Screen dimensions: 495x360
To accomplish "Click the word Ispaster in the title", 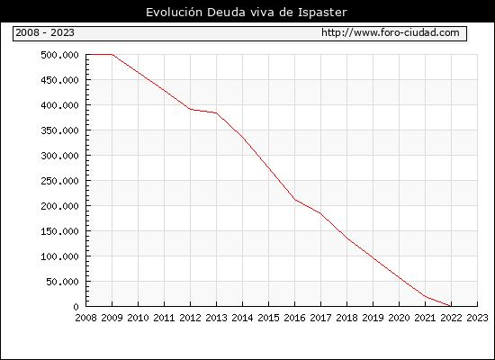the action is [x=322, y=13].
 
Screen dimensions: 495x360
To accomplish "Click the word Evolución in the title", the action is [x=174, y=12].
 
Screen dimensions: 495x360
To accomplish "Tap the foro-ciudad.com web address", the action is [x=391, y=32].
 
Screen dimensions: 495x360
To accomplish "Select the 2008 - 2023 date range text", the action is [x=45, y=32].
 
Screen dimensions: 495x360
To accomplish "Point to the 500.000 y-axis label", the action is [x=59, y=55].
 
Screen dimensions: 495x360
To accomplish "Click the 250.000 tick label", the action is [x=59, y=181].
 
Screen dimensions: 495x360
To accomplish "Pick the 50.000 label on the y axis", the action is [x=62, y=282].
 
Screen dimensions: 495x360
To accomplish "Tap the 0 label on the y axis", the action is [x=76, y=307].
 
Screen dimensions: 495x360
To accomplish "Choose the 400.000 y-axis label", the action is [x=59, y=105].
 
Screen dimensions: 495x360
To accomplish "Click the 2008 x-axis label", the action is [x=85, y=318].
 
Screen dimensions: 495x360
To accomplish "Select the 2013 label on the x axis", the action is [x=216, y=318].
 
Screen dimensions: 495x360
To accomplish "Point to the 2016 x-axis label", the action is [x=294, y=318].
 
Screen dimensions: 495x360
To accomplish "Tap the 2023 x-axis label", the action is [x=477, y=318].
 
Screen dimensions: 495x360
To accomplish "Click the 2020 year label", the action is [x=399, y=318].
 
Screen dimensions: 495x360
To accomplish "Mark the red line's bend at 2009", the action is [x=112, y=54].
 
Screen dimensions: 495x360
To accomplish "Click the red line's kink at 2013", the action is [x=216, y=112].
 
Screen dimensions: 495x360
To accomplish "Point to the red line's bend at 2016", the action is [x=294, y=200].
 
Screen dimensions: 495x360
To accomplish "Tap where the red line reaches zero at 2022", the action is [x=451, y=306].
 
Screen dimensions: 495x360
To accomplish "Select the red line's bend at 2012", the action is [x=191, y=109].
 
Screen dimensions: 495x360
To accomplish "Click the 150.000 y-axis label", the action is [x=59, y=231].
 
